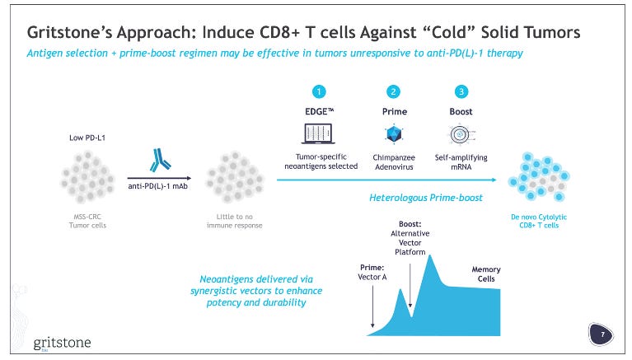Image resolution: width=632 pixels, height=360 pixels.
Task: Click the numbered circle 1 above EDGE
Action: [319, 91]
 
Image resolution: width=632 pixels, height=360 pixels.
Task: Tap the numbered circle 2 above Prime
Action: [394, 91]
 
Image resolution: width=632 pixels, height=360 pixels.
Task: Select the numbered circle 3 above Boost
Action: [461, 91]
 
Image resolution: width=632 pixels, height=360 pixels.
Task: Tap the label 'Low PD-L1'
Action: [85, 138]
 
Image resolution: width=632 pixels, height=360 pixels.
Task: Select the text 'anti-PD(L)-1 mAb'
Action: [159, 185]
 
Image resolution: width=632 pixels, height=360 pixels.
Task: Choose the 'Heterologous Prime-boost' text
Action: [428, 199]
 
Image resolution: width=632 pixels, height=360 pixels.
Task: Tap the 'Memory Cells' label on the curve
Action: [485, 274]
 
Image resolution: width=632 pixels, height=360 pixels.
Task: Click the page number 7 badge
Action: [603, 334]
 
